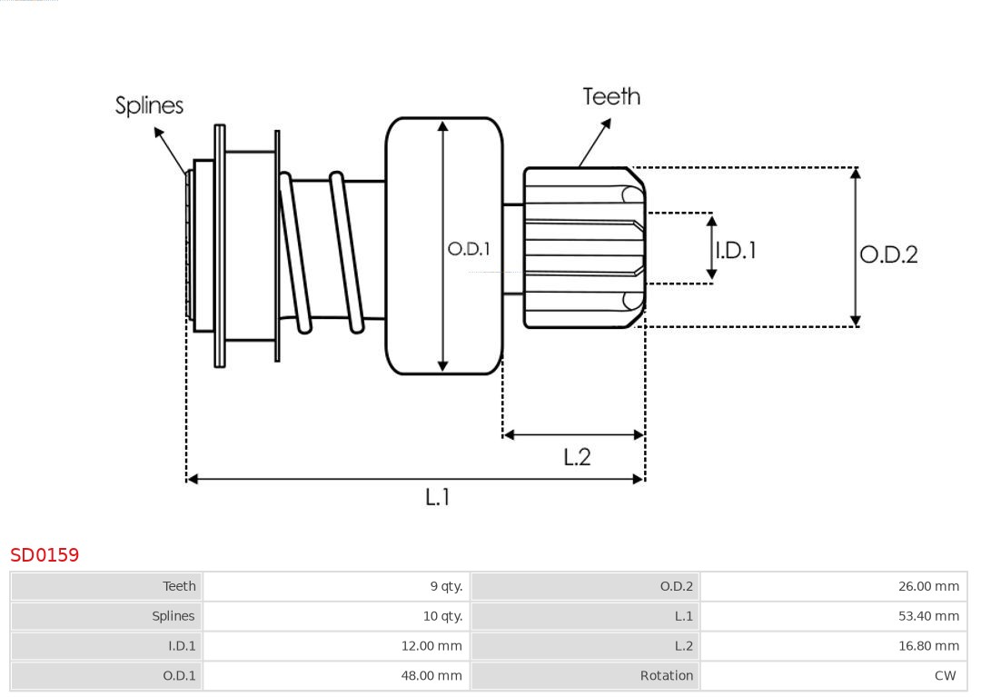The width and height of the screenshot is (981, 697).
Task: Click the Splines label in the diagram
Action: click(149, 105)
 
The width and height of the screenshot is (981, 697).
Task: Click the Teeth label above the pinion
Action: click(611, 96)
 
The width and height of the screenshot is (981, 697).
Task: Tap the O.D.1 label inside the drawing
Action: click(469, 248)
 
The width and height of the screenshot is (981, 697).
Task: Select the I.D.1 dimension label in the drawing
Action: click(736, 250)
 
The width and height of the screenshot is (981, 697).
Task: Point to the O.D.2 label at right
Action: click(888, 254)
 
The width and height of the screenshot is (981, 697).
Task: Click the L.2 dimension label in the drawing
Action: click(577, 456)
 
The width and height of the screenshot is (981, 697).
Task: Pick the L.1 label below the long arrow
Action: click(438, 496)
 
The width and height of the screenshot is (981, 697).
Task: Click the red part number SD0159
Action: click(45, 554)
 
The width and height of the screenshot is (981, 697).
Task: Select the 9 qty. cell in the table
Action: click(446, 586)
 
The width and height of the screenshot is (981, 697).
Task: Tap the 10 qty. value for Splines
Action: click(442, 616)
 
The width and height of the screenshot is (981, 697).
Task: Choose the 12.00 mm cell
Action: click(431, 646)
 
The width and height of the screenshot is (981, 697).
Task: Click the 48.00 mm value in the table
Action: click(431, 676)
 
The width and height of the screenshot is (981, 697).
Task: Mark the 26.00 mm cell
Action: click(928, 586)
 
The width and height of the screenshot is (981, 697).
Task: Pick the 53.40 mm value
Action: click(928, 616)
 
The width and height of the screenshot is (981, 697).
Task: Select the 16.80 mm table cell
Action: click(928, 646)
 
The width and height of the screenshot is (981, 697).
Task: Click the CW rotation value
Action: click(945, 676)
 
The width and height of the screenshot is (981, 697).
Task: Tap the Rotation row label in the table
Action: click(666, 676)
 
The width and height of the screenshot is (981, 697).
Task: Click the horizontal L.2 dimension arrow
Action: click(574, 435)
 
